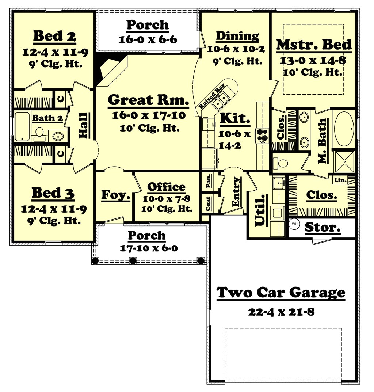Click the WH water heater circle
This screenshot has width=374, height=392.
294,224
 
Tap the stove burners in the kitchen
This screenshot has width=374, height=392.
262,135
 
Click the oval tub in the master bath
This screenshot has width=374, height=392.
344,127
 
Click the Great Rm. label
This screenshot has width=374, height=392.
148,100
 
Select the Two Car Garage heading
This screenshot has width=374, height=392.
280,292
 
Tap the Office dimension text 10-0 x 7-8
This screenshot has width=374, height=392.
166,198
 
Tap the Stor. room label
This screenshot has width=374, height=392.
323,227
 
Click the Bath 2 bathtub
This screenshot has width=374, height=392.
22,126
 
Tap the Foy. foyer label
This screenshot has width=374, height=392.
115,195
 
